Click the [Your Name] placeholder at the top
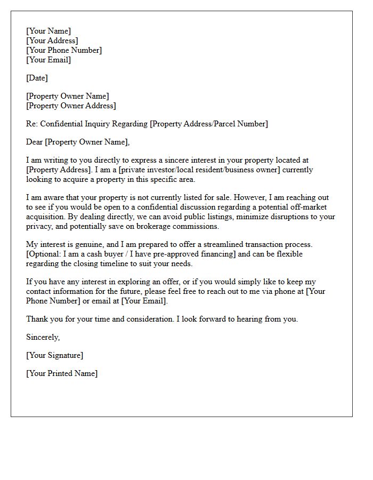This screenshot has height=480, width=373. pos(48,31)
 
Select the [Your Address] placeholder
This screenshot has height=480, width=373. pos(52,41)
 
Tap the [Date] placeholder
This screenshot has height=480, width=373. pos(37,78)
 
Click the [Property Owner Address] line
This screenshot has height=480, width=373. pos(71,106)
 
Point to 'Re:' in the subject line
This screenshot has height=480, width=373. pos(32,124)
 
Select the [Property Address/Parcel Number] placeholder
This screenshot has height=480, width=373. pos(209,124)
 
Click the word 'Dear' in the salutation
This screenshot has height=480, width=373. pos(35,142)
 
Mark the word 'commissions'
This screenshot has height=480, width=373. pos(200,226)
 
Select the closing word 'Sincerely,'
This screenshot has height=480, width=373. pos(43,337)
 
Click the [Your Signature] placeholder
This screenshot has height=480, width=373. pos(54,355)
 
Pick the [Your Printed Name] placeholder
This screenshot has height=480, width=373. pos(62,373)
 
